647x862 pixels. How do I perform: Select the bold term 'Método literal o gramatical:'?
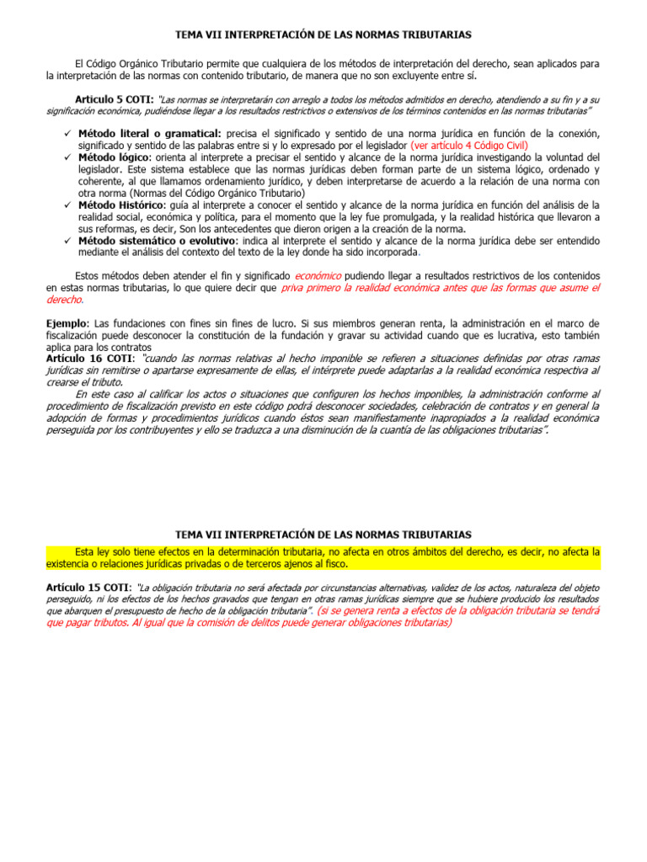tap(149, 133)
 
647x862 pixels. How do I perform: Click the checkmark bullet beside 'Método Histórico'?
tap(67, 205)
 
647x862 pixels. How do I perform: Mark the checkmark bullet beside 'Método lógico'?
tap(67, 157)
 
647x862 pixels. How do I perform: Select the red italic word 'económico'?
tap(318, 276)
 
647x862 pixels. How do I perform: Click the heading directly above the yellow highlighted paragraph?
tap(323, 535)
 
